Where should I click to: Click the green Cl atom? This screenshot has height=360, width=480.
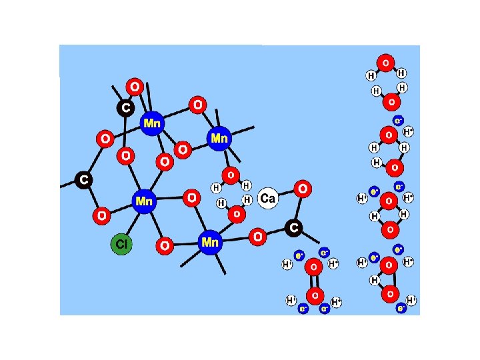pyautogui.click(x=121, y=244)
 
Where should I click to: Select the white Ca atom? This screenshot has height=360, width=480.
pyautogui.click(x=267, y=199)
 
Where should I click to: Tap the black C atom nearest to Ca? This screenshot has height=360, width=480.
pyautogui.click(x=293, y=229)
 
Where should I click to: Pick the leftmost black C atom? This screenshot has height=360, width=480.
pyautogui.click(x=83, y=179)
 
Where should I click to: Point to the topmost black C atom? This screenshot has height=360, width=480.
pyautogui.click(x=125, y=107)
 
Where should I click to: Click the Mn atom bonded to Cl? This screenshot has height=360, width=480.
pyautogui.click(x=143, y=201)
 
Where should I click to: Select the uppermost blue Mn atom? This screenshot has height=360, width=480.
pyautogui.click(x=153, y=123)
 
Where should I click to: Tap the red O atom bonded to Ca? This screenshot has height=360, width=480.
pyautogui.click(x=303, y=189)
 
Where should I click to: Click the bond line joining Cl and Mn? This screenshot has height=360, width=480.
pyautogui.click(x=132, y=223)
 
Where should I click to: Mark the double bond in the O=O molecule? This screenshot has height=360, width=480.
pyautogui.click(x=314, y=281)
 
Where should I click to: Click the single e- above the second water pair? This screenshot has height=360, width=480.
pyautogui.click(x=398, y=121)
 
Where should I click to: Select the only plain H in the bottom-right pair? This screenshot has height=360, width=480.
pyautogui.click(x=375, y=281)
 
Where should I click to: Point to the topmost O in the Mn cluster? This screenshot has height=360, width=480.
pyautogui.click(x=135, y=87)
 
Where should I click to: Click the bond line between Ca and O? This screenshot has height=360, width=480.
pyautogui.click(x=286, y=194)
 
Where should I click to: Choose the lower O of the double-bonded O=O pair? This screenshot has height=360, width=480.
pyautogui.click(x=314, y=295)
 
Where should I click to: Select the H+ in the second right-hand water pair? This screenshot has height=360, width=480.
pyautogui.click(x=409, y=132)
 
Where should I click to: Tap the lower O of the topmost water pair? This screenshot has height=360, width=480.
pyautogui.click(x=391, y=101)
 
